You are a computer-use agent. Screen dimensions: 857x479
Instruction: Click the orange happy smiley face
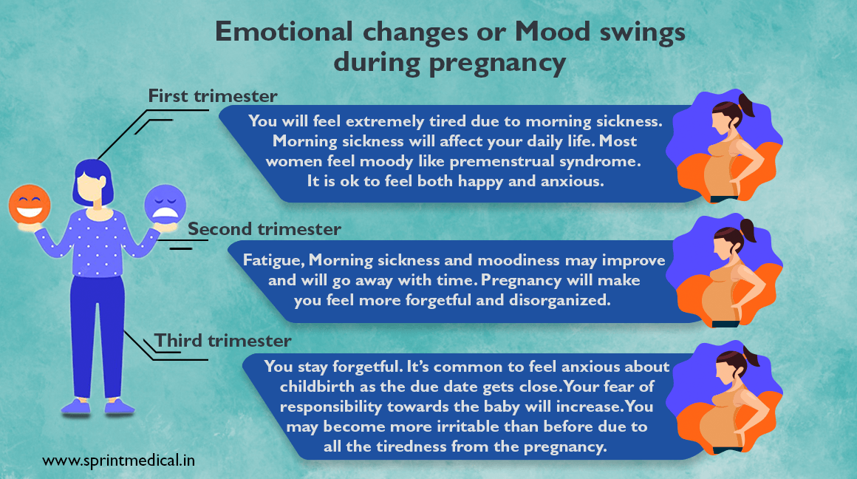[x=30, y=205]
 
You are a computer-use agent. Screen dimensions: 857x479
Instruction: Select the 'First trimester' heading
[x=213, y=96]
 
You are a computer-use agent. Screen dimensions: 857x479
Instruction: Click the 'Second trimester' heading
[x=264, y=229]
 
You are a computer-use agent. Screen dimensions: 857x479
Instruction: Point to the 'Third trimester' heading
[x=223, y=341]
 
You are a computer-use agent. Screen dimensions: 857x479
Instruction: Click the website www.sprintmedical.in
[x=119, y=461]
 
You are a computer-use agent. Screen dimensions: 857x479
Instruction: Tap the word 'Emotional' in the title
[x=284, y=32]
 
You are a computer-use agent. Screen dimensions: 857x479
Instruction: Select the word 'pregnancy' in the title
[x=497, y=64]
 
